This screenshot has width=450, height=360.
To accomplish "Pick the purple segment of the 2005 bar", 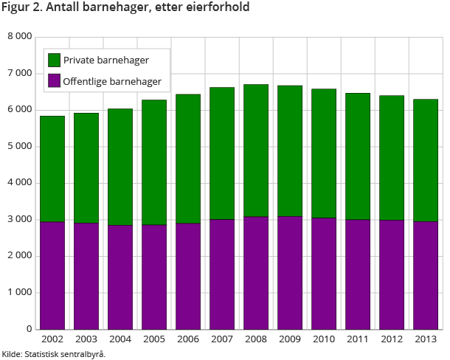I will (154, 277).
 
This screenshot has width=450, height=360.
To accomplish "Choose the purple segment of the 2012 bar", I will (392, 274).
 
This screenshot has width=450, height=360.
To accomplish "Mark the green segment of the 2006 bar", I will (188, 159).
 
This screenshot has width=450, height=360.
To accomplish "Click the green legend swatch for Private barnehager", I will (54, 60).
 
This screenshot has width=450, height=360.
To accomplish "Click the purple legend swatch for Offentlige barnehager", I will (54, 80).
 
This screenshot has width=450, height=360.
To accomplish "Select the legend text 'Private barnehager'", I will (106, 60).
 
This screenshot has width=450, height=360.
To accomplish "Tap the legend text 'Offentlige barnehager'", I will (113, 80).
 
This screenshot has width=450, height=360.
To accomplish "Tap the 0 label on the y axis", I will (29, 330).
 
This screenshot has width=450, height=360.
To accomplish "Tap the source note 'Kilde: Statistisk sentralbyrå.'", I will (54, 354).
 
